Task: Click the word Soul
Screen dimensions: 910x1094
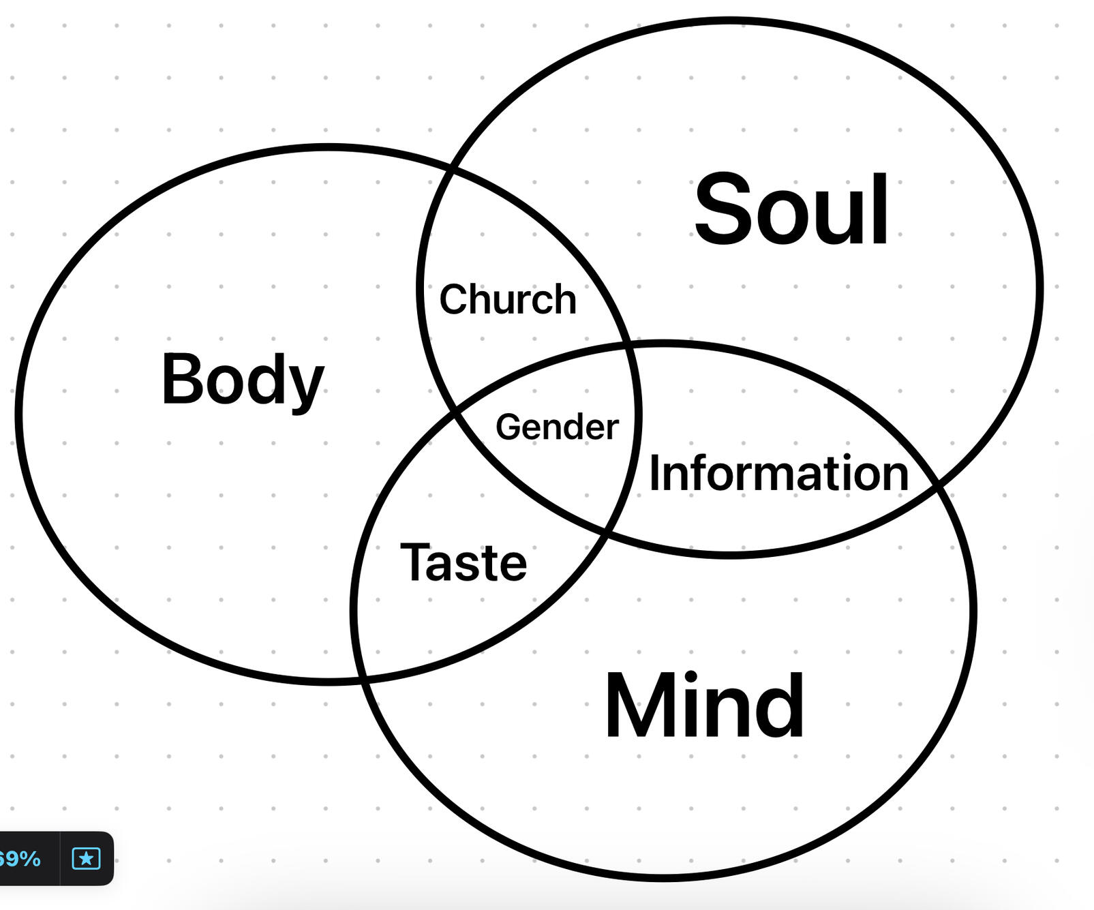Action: pyautogui.click(x=791, y=209)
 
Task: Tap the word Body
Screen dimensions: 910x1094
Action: pyautogui.click(x=242, y=380)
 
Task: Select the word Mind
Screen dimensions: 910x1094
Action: pyautogui.click(x=705, y=706)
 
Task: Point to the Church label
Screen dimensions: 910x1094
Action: pyautogui.click(x=508, y=299)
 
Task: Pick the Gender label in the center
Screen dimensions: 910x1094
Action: pyautogui.click(x=557, y=427)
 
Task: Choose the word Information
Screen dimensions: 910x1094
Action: pyautogui.click(x=778, y=473)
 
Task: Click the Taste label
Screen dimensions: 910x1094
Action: pyautogui.click(x=464, y=563)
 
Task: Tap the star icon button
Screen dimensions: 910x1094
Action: pyautogui.click(x=87, y=858)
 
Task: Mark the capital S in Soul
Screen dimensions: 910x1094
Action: pyautogui.click(x=722, y=209)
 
